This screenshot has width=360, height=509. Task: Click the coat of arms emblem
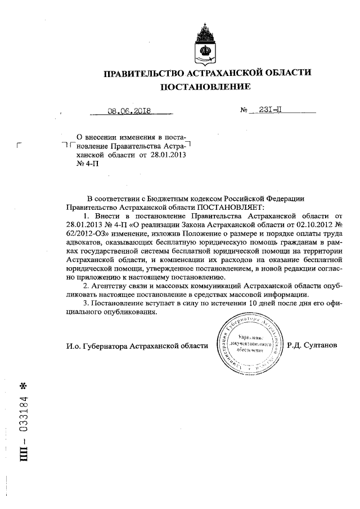pos(204,42)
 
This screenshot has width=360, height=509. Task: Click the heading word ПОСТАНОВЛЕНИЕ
pos(205,87)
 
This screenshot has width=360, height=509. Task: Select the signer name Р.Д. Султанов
pos(311,345)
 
